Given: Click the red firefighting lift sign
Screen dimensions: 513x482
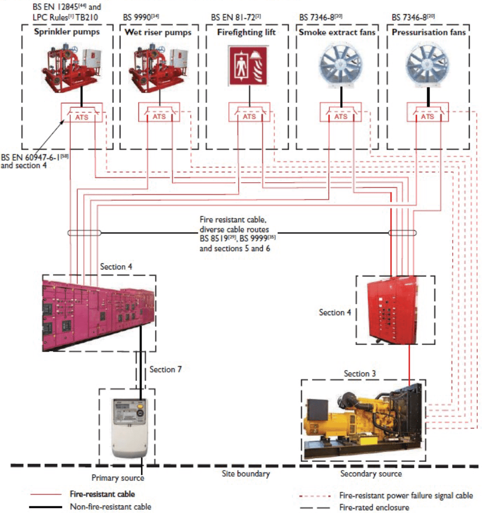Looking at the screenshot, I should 248,66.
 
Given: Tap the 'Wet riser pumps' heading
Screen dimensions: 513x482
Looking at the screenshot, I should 158,33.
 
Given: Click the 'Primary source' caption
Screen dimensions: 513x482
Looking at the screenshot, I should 118,478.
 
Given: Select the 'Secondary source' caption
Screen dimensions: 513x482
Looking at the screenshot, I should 371,473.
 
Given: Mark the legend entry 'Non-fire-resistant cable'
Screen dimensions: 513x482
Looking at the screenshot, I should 112,507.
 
